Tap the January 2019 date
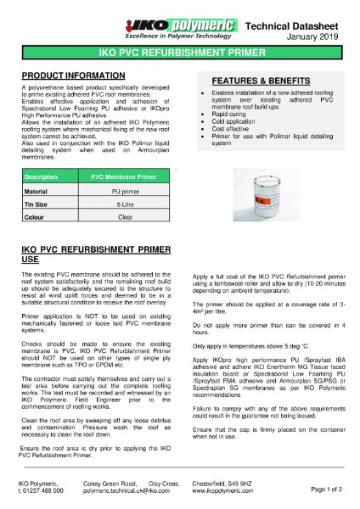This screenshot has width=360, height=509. click(319, 25)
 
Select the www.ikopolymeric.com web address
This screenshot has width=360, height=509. click(226, 490)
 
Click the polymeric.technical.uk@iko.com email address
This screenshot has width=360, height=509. click(127, 490)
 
